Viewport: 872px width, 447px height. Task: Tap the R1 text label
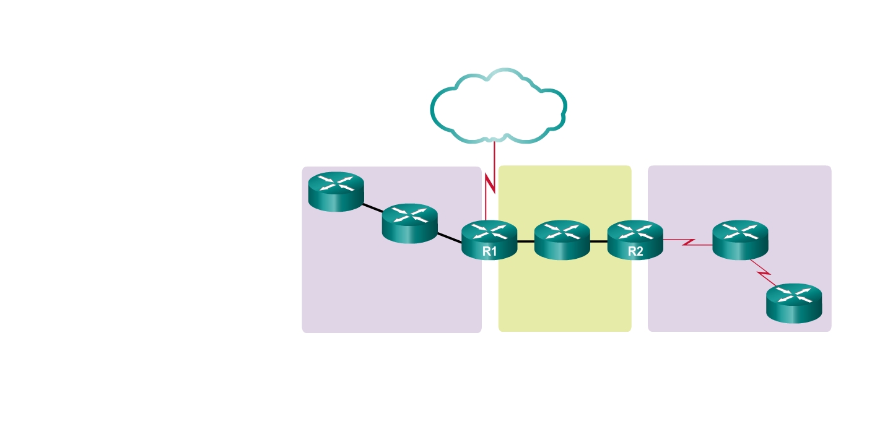490,251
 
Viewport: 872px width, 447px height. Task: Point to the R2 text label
635,251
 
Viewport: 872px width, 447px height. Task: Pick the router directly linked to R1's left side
409,223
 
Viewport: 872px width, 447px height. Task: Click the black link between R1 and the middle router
525,241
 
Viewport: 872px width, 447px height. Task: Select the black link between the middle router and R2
598,241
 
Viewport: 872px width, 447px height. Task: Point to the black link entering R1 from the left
450,238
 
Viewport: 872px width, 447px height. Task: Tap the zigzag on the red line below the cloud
490,184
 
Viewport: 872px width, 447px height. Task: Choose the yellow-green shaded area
564,297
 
